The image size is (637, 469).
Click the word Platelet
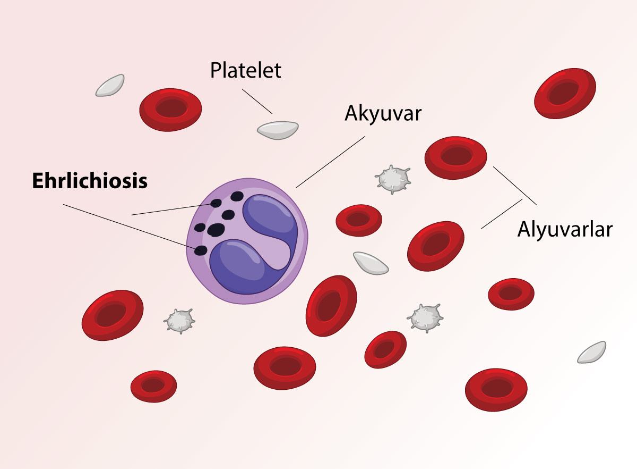(245, 71)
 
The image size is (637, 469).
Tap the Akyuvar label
(383, 113)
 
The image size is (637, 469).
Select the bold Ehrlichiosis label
(90, 181)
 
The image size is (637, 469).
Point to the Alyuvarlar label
(565, 229)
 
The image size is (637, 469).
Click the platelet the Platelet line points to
(277, 130)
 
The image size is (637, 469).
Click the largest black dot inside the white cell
(216, 230)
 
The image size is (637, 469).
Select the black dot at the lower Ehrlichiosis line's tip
(201, 250)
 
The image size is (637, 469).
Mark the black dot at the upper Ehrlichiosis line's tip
(216, 203)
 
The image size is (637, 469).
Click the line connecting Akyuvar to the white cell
(330, 162)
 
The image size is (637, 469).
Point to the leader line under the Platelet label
(257, 101)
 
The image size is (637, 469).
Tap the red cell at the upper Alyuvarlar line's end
(455, 157)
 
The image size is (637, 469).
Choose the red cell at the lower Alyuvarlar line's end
(435, 245)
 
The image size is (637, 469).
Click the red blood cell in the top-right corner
(565, 93)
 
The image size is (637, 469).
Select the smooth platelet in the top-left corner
(110, 86)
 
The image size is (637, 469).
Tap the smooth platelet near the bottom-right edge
(591, 352)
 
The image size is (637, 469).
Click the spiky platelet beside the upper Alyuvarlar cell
(393, 179)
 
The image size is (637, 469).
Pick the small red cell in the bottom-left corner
(153, 386)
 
